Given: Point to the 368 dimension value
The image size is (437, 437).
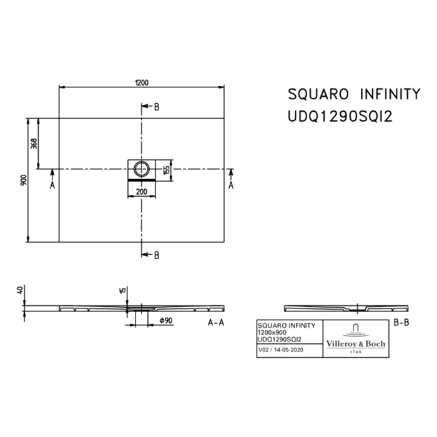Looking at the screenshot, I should tap(34, 143).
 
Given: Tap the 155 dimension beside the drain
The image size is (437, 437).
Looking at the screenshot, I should tap(165, 169).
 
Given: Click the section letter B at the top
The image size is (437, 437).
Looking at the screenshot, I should tap(157, 107).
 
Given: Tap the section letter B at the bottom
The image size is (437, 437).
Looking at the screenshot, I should tap(157, 254).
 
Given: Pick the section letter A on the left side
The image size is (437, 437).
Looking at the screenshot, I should tap(52, 185).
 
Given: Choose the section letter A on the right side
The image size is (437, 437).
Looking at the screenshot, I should tap(231, 185).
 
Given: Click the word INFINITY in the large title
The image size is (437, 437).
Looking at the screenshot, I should tap(388, 94).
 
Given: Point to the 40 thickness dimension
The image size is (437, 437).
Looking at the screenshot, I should tap(21, 290).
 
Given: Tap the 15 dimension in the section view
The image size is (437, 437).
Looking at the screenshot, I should tap(124, 290).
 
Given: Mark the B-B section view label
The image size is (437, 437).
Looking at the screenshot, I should tap(401, 323).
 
